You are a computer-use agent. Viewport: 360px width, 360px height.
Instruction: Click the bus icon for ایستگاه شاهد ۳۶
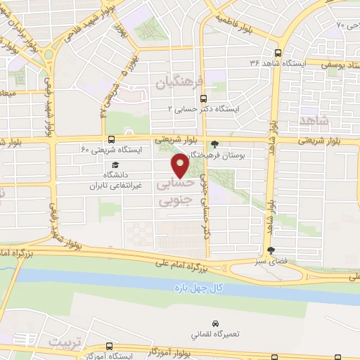(279, 53)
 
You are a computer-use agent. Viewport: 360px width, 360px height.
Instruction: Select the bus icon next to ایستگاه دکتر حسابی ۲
(202, 99)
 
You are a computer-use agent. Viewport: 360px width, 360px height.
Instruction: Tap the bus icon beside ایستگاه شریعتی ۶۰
(111, 139)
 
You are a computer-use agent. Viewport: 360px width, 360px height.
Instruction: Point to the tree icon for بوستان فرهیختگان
(214, 144)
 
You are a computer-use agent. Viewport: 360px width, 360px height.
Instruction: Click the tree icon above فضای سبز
(271, 250)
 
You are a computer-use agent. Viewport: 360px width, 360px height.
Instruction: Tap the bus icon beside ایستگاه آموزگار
(109, 345)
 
